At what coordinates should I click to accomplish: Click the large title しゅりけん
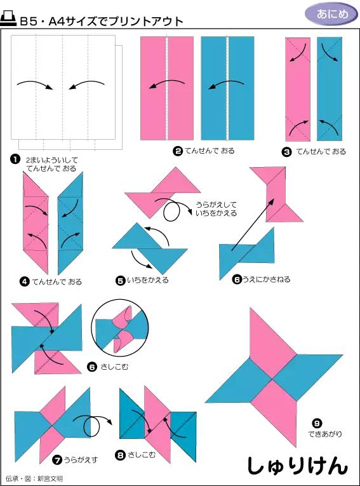point(297,465)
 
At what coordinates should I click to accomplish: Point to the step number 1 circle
point(13,159)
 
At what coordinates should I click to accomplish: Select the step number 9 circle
point(317,423)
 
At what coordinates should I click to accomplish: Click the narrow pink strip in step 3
point(298,88)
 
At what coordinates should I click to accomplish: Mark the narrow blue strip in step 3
point(329,88)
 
